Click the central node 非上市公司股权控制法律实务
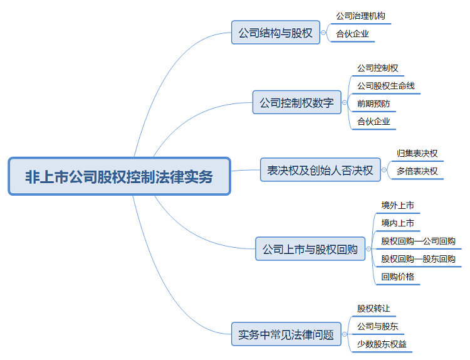pyautogui.click(x=120, y=176)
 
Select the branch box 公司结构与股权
pyautogui.click(x=276, y=33)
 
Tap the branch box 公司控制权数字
pyautogui.click(x=296, y=103)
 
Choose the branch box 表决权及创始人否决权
pyautogui.click(x=320, y=170)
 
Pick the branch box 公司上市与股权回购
pyautogui.click(x=310, y=249)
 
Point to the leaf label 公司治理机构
pyautogui.click(x=362, y=16)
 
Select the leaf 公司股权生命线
pyautogui.click(x=385, y=85)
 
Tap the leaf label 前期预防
pyautogui.click(x=373, y=103)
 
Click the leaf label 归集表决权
pyautogui.click(x=417, y=153)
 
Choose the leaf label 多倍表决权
pyautogui.click(x=417, y=171)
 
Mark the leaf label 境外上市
pyautogui.click(x=397, y=205)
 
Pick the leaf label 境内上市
pyautogui.click(x=397, y=223)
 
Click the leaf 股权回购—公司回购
pyautogui.click(x=418, y=241)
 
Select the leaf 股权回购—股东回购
pyautogui.click(x=418, y=258)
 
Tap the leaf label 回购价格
pyautogui.click(x=397, y=276)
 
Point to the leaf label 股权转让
pyautogui.click(x=373, y=309)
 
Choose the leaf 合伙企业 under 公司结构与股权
pyautogui.click(x=352, y=34)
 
